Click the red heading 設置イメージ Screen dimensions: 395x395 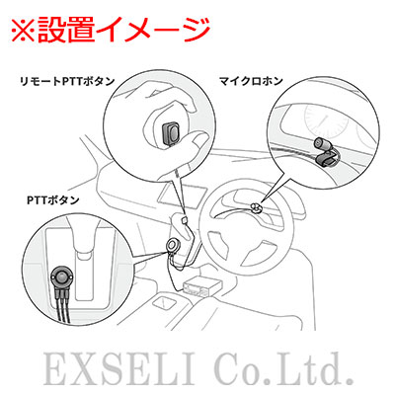[123, 31]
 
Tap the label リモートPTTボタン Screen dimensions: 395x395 [68, 81]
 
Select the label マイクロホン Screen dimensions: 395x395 [251, 81]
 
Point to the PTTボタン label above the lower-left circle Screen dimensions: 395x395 [53, 199]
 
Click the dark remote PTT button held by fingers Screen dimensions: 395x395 [171, 134]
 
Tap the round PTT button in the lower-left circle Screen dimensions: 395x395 [62, 276]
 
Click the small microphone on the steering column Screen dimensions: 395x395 [255, 207]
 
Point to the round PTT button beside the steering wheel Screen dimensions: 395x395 [172, 245]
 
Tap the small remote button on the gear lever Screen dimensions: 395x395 [184, 219]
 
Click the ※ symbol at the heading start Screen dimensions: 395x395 [24, 31]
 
